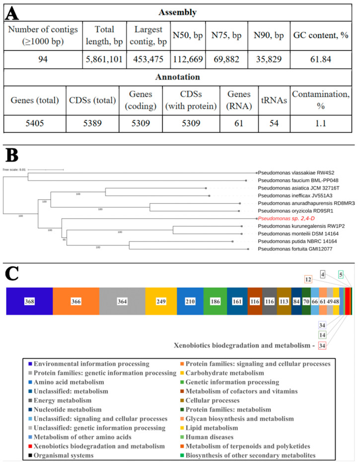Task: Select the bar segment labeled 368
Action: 29,301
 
